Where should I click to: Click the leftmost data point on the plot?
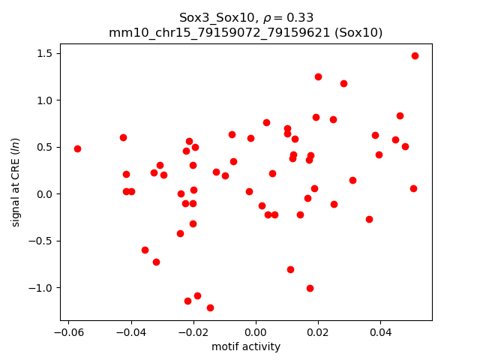click(x=77, y=148)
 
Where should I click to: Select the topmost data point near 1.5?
click(x=415, y=55)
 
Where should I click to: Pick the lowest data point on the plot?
click(x=210, y=307)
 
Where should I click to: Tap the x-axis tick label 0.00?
click(x=256, y=333)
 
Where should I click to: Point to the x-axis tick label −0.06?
click(x=66, y=333)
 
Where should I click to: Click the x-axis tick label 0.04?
click(x=380, y=333)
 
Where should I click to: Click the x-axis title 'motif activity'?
click(x=246, y=346)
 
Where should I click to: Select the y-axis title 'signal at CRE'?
click(x=16, y=182)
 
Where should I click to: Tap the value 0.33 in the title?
click(x=299, y=17)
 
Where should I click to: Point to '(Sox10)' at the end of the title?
click(x=358, y=32)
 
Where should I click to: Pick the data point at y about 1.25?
click(x=318, y=76)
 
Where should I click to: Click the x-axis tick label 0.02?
click(x=318, y=333)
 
